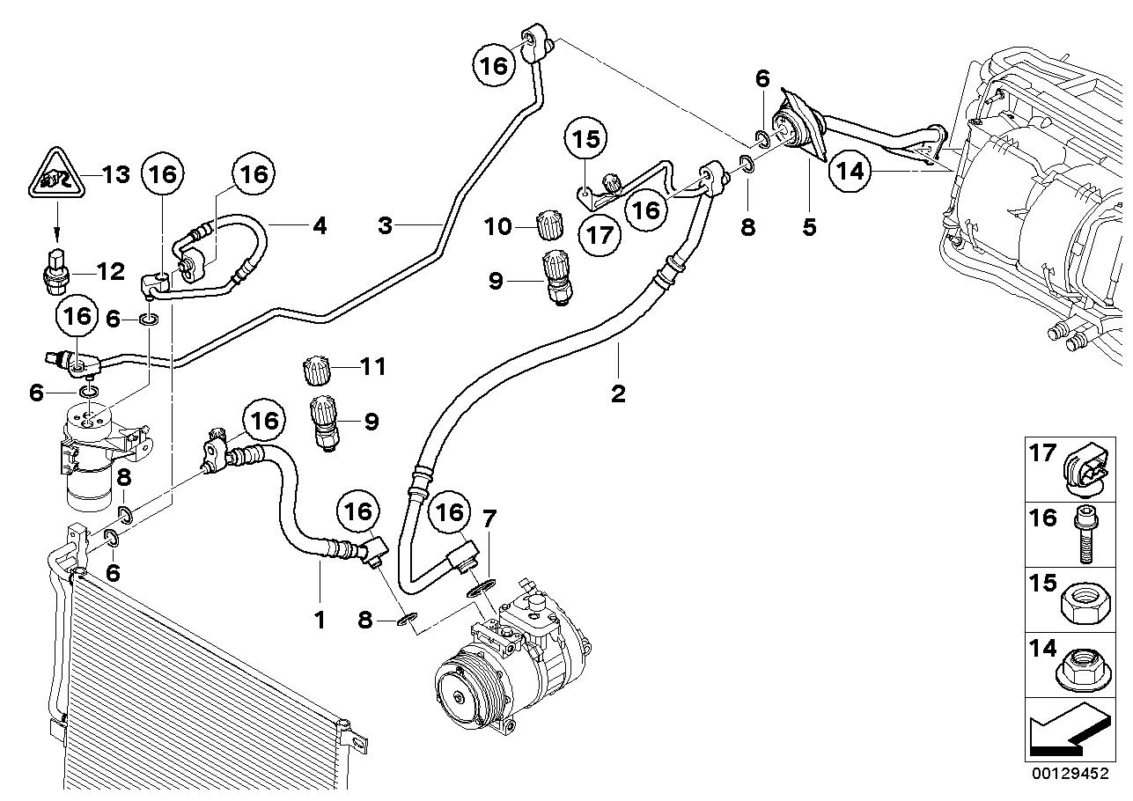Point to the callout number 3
pyautogui.click(x=385, y=226)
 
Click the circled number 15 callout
pyautogui.click(x=586, y=139)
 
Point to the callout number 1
pyautogui.click(x=320, y=621)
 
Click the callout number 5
pyautogui.click(x=808, y=227)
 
